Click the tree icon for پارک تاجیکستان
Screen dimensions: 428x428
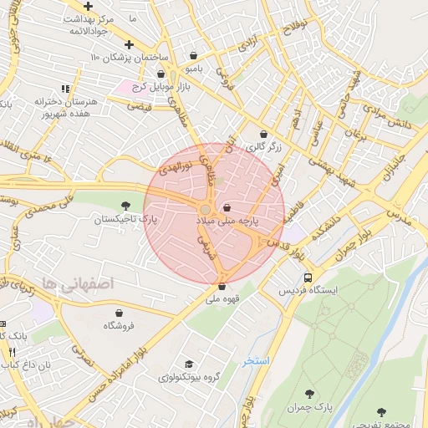point(125,205)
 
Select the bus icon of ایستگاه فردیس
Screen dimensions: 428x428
point(308,278)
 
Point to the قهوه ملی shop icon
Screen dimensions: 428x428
point(221,287)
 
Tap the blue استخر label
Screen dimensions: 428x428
point(256,360)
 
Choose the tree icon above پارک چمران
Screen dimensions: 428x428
point(310,393)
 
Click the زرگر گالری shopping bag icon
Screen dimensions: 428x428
point(264,134)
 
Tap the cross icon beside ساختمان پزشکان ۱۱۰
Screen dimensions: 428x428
point(128,45)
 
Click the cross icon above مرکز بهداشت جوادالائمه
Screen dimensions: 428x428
point(88,6)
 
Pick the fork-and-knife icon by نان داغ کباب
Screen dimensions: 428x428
point(12,352)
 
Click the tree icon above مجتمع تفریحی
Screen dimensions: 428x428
point(382,411)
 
